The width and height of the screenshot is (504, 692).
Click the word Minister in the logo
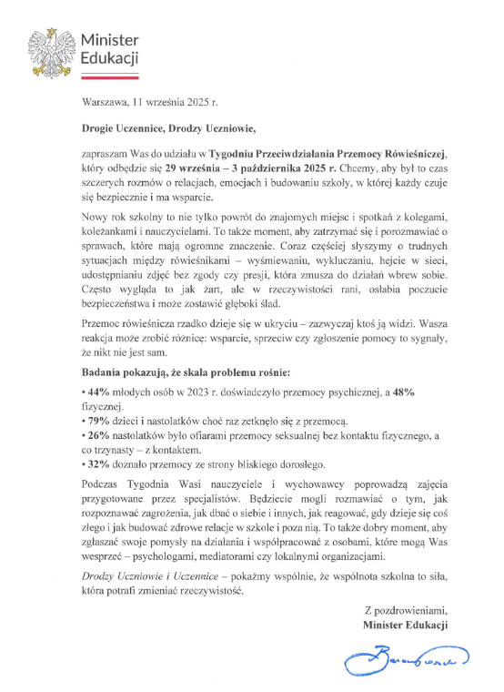coord(109,41)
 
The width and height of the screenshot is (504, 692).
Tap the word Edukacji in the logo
coord(109,59)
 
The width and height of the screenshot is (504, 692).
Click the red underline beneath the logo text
coord(109,72)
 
